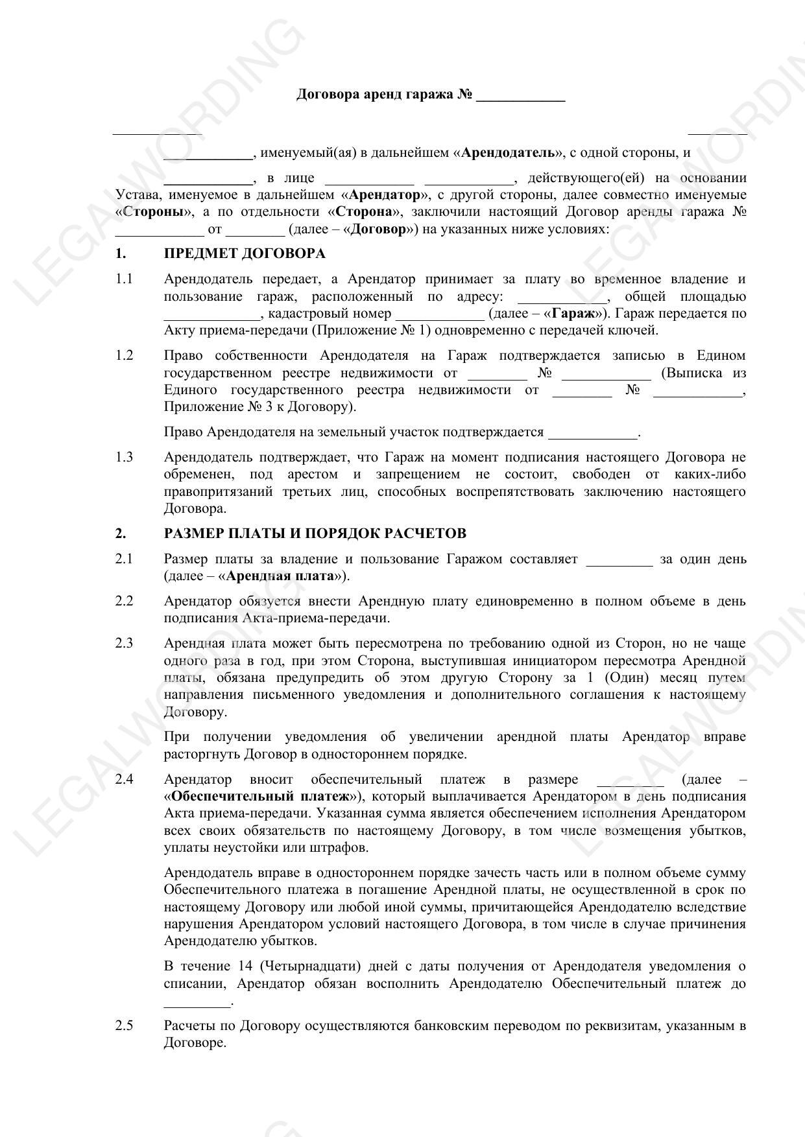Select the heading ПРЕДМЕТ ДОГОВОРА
245,253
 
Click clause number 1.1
124,279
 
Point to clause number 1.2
124,355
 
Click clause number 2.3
124,643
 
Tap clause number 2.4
124,779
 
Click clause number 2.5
124,1026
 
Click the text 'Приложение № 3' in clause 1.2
210,407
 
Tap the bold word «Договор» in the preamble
378,229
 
